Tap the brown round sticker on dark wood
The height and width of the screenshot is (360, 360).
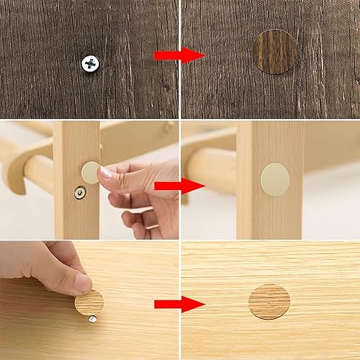pyautogui.click(x=275, y=50)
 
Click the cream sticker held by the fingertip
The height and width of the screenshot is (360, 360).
pyautogui.click(x=90, y=172)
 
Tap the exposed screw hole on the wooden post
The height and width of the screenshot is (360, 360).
pyautogui.click(x=80, y=193)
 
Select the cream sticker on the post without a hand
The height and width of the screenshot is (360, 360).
pyautogui.click(x=274, y=178)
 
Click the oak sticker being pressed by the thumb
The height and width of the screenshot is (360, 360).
pyautogui.click(x=89, y=302)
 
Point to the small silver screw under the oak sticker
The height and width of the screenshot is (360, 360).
pyautogui.click(x=92, y=318)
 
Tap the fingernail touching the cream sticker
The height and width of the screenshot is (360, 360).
pyautogui.click(x=106, y=173)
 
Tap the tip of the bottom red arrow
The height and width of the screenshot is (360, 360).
pyautogui.click(x=204, y=304)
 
